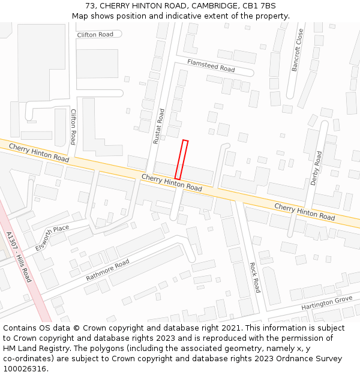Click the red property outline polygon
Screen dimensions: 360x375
182,160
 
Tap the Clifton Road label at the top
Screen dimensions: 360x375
95,35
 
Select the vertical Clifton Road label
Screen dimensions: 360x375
73,127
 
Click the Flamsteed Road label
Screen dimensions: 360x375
211,65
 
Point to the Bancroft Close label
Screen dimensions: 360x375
297,50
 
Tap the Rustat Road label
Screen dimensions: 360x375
159,126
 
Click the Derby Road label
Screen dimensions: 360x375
316,168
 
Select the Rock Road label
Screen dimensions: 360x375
254,277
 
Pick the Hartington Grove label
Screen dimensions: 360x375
326,303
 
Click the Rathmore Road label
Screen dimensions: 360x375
107,270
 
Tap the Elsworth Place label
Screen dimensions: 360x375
52,238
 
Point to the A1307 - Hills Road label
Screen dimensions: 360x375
18,257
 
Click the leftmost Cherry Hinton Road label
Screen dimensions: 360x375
39,152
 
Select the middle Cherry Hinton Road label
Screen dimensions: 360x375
172,182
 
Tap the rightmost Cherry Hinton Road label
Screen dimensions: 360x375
304,211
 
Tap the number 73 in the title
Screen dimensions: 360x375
91,6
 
